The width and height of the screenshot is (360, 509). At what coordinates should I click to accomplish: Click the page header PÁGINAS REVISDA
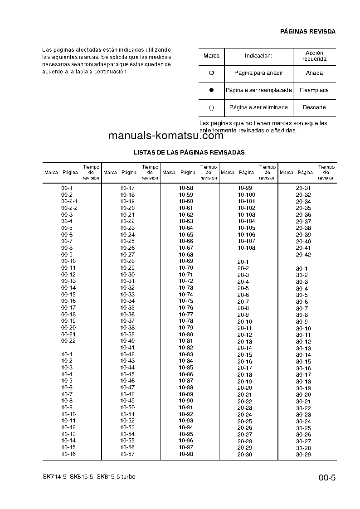(307, 31)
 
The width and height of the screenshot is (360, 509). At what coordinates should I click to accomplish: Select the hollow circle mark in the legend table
(211, 73)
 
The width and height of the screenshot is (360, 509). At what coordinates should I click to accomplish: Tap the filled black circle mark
(211, 90)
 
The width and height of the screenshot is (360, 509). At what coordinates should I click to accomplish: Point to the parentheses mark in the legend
(211, 108)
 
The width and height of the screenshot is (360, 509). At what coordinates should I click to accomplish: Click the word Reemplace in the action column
(314, 90)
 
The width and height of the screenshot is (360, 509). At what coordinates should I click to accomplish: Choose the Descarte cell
(314, 108)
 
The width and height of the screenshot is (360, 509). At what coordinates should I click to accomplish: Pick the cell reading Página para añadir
(258, 73)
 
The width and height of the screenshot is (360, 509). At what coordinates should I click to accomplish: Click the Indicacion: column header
(258, 56)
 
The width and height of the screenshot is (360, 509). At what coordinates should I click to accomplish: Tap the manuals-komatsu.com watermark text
(166, 136)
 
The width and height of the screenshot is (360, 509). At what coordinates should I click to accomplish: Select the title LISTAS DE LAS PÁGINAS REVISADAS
(189, 152)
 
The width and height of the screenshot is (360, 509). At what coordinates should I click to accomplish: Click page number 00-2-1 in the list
(69, 201)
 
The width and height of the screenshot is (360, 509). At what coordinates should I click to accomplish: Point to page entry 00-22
(68, 341)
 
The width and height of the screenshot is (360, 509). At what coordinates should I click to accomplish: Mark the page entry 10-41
(127, 348)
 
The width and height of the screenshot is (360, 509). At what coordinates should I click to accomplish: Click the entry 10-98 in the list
(186, 454)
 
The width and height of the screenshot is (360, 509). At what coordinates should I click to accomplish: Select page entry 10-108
(246, 248)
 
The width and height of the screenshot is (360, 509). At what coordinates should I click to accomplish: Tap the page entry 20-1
(243, 262)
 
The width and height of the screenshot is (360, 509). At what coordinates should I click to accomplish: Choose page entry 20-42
(303, 255)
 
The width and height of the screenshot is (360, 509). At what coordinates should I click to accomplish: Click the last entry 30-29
(303, 455)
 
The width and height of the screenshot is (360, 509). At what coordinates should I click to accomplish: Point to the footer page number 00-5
(326, 477)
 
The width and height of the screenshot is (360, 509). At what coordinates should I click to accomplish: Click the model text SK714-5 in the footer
(52, 477)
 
